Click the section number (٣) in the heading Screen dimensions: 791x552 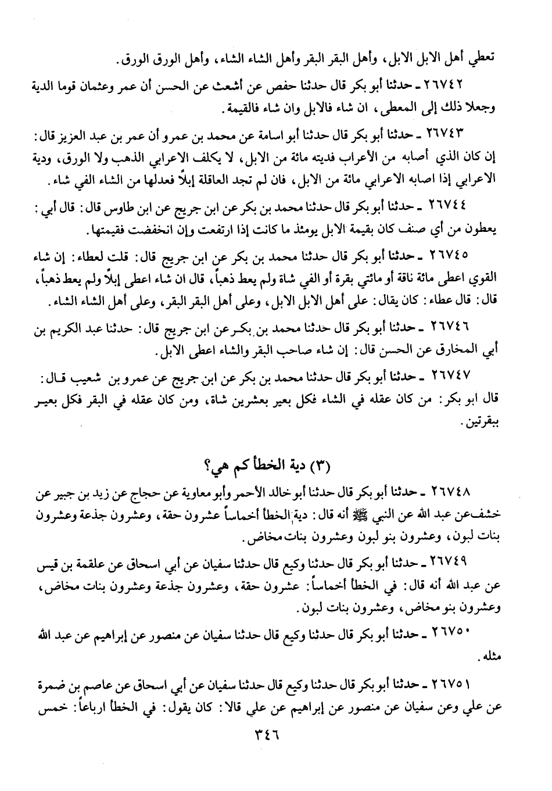click(322, 464)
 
